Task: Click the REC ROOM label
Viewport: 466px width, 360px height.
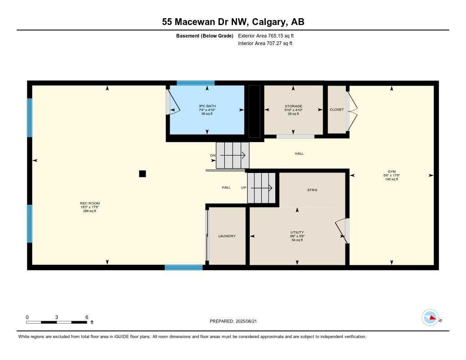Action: pyautogui.click(x=90, y=203)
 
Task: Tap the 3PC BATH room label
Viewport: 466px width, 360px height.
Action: pyautogui.click(x=207, y=106)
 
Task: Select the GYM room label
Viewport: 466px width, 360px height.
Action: pyautogui.click(x=391, y=172)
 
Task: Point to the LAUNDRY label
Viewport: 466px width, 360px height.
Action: pyautogui.click(x=227, y=236)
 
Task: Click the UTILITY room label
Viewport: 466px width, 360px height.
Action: pyautogui.click(x=297, y=232)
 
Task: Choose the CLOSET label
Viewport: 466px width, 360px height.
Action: pyautogui.click(x=337, y=110)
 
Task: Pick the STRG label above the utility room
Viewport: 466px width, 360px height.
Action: pyautogui.click(x=312, y=190)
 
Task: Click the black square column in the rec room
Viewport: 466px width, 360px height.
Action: pyautogui.click(x=142, y=173)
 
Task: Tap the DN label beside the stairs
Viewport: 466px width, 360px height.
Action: pyautogui.click(x=213, y=156)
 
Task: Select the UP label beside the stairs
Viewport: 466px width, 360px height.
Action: pyautogui.click(x=243, y=187)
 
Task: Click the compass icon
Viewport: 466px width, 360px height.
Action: pyautogui.click(x=430, y=317)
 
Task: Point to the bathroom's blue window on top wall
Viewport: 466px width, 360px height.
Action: pyautogui.click(x=195, y=83)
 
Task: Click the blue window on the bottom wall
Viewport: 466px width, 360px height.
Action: pyautogui.click(x=183, y=268)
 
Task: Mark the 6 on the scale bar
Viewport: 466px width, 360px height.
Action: pyautogui.click(x=86, y=317)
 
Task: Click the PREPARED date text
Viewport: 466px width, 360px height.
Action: pyautogui.click(x=236, y=321)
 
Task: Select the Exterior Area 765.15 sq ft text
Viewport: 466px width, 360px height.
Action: pyautogui.click(x=269, y=35)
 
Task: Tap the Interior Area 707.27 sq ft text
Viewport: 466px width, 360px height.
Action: pyautogui.click(x=265, y=44)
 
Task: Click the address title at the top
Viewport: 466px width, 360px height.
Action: pyautogui.click(x=233, y=21)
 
